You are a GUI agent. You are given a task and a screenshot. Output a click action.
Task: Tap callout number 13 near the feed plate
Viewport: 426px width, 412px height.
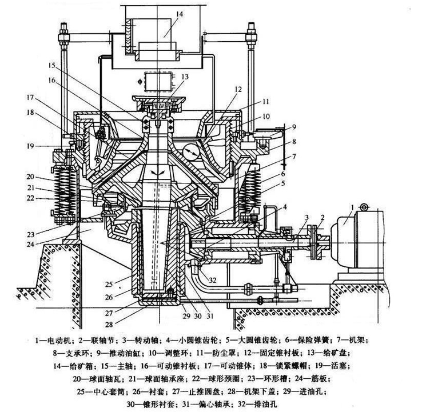click(x=185, y=76)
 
